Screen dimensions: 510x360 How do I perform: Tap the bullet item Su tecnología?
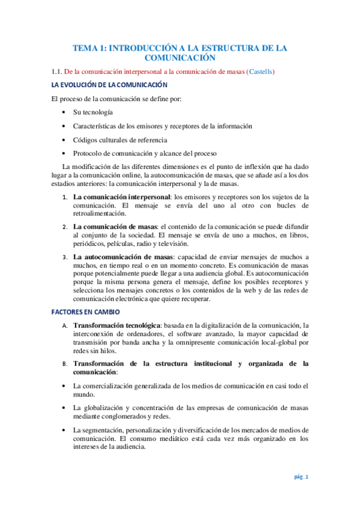pos(93,112)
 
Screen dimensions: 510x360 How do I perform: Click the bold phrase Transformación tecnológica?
pos(121,325)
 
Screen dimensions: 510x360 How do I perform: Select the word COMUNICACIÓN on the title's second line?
pos(180,58)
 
